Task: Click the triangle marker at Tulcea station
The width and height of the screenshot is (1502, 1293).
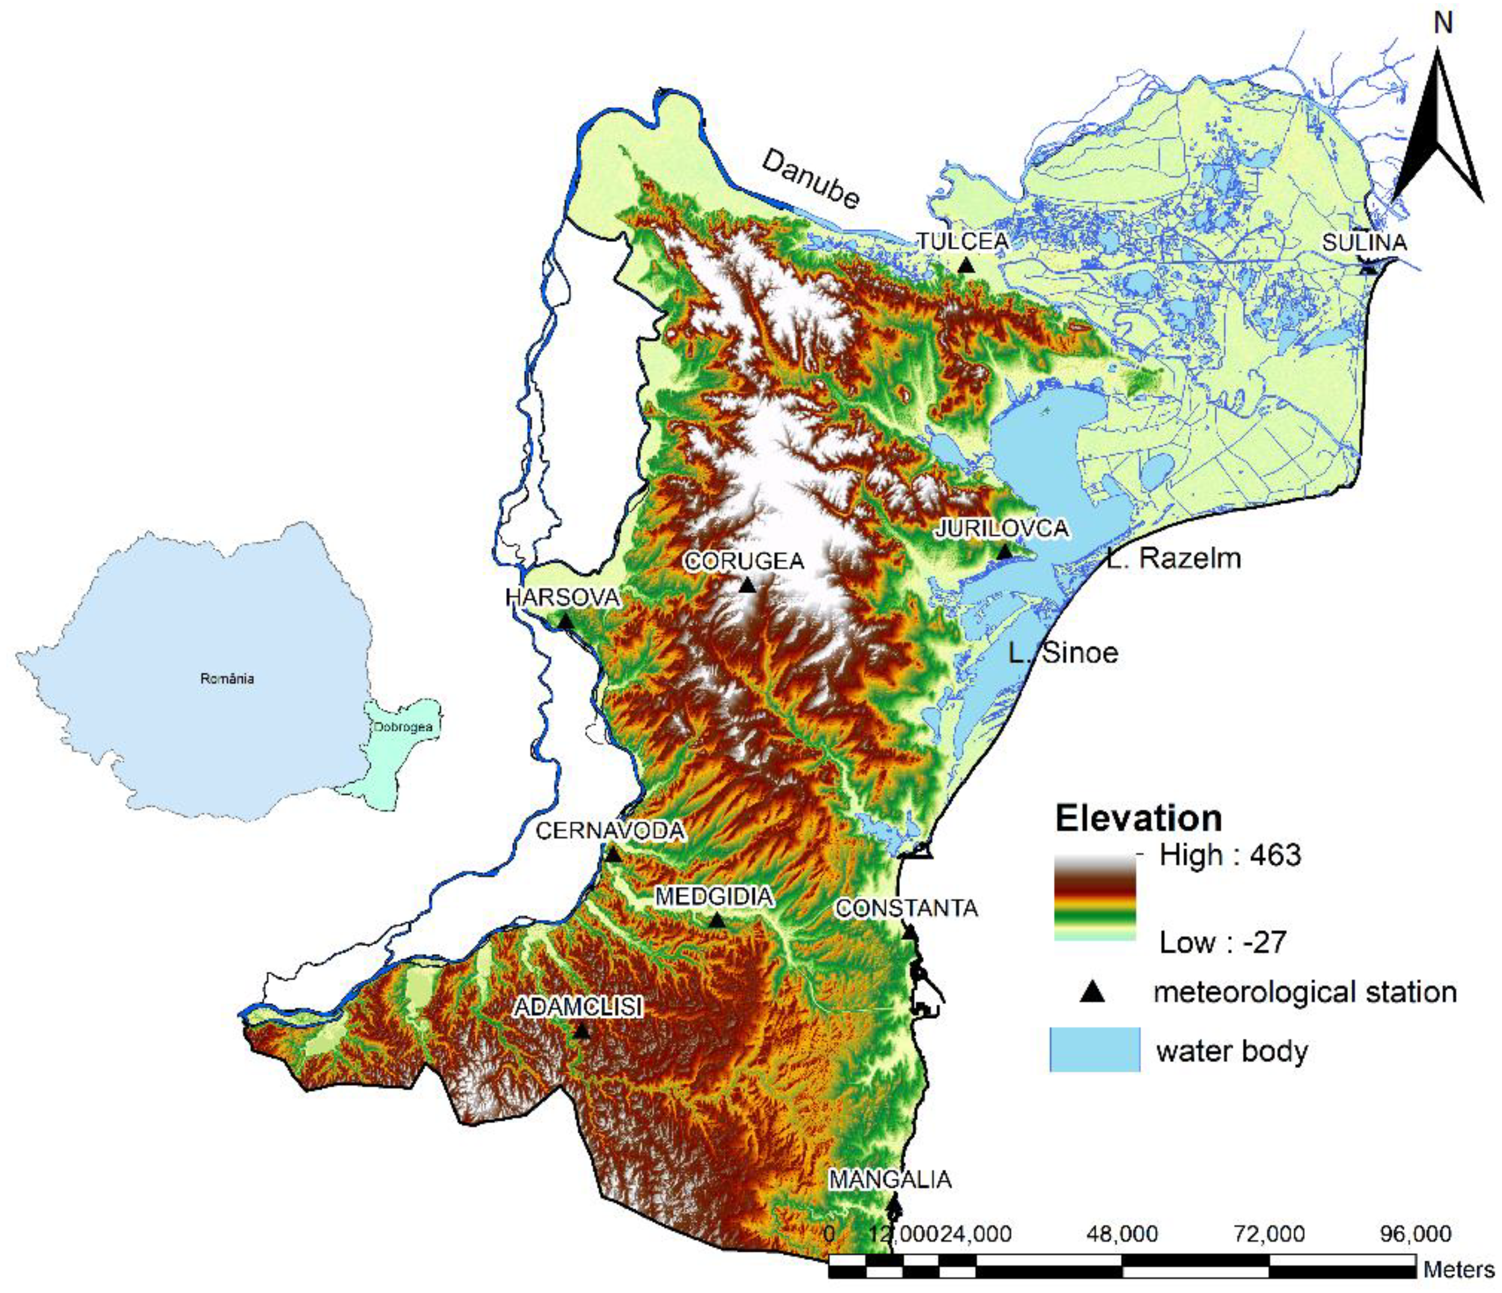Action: (x=965, y=266)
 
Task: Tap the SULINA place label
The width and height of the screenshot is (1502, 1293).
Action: (x=1364, y=242)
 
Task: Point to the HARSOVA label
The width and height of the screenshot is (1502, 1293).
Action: (x=563, y=597)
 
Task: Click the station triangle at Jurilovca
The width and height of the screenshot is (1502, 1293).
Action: (x=1004, y=552)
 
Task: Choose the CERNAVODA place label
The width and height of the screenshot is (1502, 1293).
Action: (x=609, y=831)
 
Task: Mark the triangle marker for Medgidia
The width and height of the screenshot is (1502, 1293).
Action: (x=717, y=921)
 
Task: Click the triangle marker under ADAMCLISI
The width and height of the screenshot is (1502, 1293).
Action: (x=581, y=1031)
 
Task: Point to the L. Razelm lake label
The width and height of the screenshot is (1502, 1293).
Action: (x=1173, y=558)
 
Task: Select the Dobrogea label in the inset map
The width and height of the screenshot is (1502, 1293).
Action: (x=404, y=727)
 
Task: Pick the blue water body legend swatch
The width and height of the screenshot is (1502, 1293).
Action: (x=1095, y=1049)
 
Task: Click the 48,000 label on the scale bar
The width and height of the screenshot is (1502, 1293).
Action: (x=1122, y=1233)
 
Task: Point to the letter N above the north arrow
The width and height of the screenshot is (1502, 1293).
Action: (x=1443, y=24)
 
